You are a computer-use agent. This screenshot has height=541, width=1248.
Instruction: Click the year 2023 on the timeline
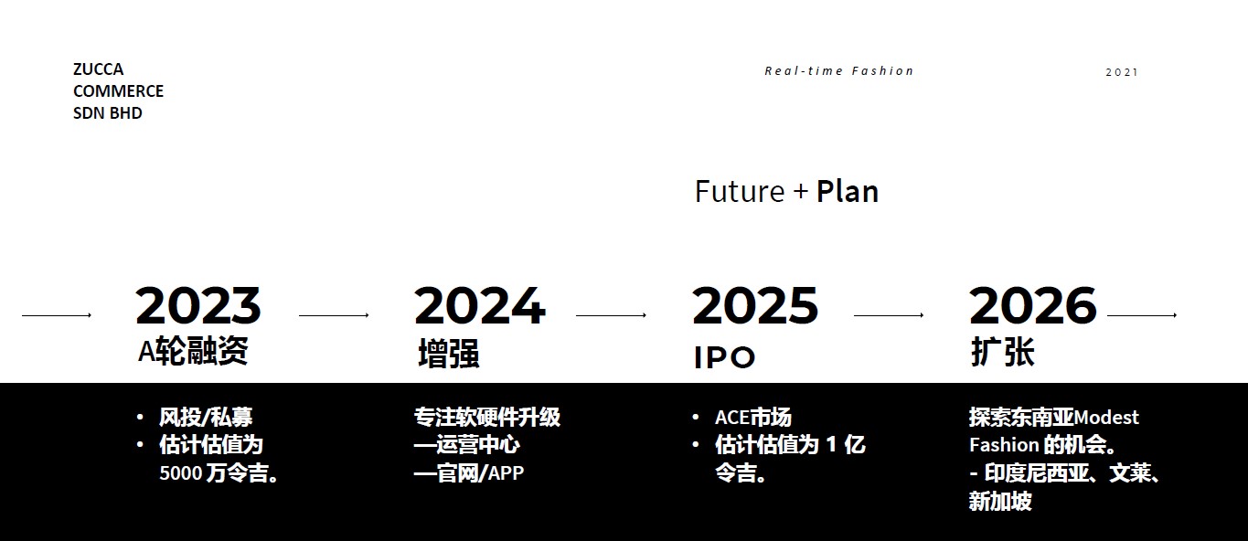pyautogui.click(x=197, y=305)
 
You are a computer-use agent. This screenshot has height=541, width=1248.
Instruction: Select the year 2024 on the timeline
pyautogui.click(x=479, y=305)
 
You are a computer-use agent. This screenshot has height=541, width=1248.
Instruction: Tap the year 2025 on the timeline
pyautogui.click(x=755, y=305)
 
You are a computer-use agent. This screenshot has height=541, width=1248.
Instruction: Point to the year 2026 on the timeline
pyautogui.click(x=1032, y=305)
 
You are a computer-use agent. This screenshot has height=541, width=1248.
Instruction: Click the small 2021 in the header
pyautogui.click(x=1122, y=72)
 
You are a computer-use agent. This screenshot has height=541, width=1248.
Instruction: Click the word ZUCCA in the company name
pyautogui.click(x=98, y=69)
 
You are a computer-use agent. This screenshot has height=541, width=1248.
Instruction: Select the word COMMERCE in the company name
pyautogui.click(x=118, y=90)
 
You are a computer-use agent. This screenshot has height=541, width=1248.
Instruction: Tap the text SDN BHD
pyautogui.click(x=108, y=113)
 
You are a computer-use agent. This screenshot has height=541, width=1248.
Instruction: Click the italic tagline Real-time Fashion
pyautogui.click(x=839, y=70)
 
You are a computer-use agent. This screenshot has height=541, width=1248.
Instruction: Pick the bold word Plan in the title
pyautogui.click(x=848, y=192)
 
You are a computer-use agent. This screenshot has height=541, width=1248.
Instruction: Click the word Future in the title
pyautogui.click(x=740, y=192)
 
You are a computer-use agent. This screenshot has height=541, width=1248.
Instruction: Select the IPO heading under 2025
pyautogui.click(x=724, y=357)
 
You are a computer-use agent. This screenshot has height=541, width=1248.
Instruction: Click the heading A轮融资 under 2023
pyautogui.click(x=193, y=351)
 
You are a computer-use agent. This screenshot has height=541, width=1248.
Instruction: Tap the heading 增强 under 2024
pyautogui.click(x=449, y=354)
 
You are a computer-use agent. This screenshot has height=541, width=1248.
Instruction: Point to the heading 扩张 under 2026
pyautogui.click(x=1002, y=352)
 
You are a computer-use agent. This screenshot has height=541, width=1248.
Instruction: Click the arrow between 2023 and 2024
pyautogui.click(x=334, y=315)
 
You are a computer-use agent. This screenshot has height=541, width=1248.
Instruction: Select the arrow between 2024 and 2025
pyautogui.click(x=611, y=315)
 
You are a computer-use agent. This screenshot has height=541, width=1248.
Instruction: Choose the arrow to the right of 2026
pyautogui.click(x=1142, y=315)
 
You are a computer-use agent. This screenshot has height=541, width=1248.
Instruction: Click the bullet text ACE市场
pyautogui.click(x=752, y=418)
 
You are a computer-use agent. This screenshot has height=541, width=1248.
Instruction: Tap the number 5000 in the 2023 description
pyautogui.click(x=180, y=473)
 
